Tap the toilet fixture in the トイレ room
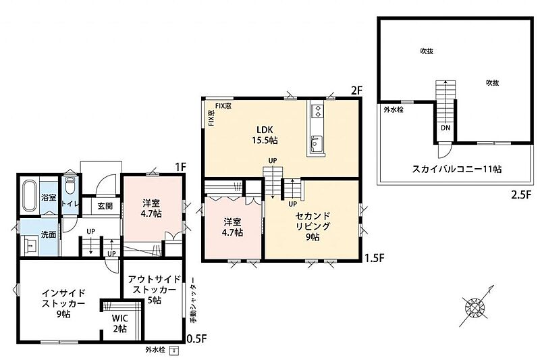pos(70,186)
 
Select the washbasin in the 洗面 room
pos(30,245)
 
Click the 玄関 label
pos(105,206)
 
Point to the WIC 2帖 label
pos(120,323)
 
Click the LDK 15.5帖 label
pos(265,135)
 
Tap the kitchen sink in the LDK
pos(316,145)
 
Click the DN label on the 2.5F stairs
pos(446,128)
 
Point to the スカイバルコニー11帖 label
pos(457,169)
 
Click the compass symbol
pos(475,306)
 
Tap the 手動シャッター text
pos(194,300)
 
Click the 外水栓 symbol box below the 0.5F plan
pos(175,351)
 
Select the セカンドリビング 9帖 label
pos(313,226)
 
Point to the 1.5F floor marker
pos(375,258)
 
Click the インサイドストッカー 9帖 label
pos(63,303)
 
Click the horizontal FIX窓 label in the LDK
pos(223,106)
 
